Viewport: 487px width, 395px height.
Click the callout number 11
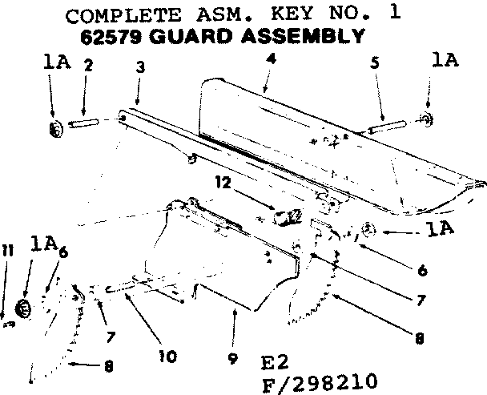[7, 252]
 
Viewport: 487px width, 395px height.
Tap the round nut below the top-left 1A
[55, 128]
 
